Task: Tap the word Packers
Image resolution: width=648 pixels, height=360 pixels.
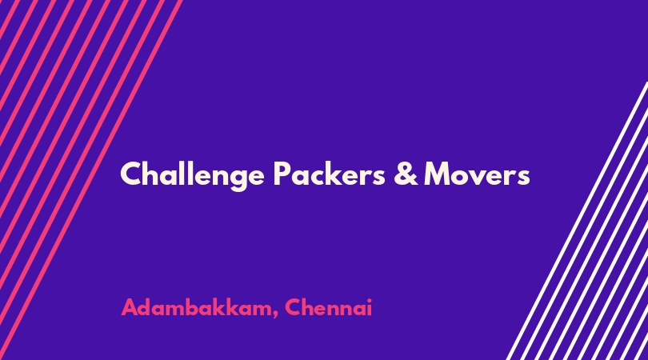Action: (x=330, y=173)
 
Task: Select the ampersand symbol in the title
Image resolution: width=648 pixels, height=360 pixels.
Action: (x=406, y=174)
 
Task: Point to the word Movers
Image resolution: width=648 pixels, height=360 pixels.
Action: (x=477, y=174)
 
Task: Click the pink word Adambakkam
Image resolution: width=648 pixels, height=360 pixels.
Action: (x=196, y=307)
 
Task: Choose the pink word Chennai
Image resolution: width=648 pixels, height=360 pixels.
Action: (x=329, y=307)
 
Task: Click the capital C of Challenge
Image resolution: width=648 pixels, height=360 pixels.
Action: (x=131, y=174)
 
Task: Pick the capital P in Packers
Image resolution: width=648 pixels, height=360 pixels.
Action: (x=282, y=174)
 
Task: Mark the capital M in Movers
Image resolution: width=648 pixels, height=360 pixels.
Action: (x=438, y=174)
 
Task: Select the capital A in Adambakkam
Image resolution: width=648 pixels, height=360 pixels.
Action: (x=130, y=307)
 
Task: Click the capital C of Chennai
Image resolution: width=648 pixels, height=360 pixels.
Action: (x=293, y=307)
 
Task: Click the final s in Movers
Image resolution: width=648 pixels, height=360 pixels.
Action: (x=523, y=178)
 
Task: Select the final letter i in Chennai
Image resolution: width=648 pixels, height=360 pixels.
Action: (x=370, y=307)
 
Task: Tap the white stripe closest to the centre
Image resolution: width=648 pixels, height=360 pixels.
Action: (x=577, y=221)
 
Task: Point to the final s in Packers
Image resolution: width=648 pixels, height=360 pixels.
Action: (x=378, y=178)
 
